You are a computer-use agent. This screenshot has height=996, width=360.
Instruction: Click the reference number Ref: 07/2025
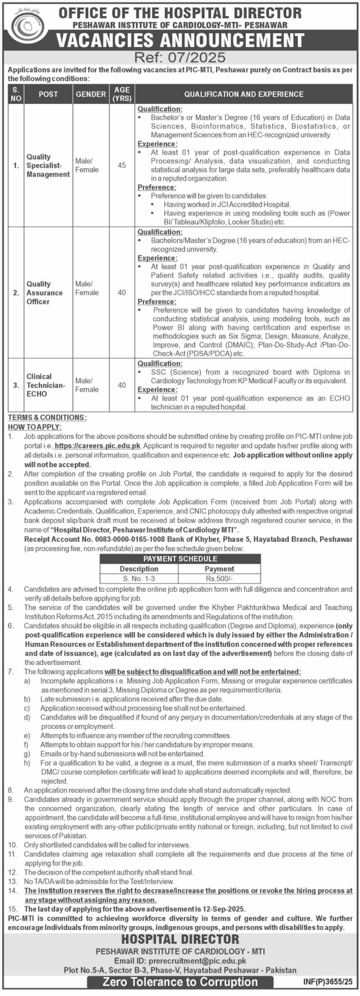click(x=180, y=58)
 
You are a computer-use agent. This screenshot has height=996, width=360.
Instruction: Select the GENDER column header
click(x=91, y=94)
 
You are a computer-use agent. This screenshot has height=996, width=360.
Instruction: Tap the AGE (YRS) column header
click(x=122, y=94)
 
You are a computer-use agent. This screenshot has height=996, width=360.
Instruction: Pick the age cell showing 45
click(x=122, y=165)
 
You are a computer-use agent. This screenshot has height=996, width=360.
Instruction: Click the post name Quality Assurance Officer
click(x=44, y=293)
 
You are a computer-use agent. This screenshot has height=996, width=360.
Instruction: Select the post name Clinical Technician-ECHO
click(x=45, y=385)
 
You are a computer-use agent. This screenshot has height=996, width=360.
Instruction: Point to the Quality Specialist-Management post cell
click(x=48, y=165)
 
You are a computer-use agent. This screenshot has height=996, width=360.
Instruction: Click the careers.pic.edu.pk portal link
click(x=97, y=446)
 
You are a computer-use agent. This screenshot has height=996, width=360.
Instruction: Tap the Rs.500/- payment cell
click(x=219, y=578)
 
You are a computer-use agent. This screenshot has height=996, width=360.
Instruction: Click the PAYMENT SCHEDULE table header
click(x=180, y=559)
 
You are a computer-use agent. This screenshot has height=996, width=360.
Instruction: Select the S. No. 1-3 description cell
click(x=139, y=578)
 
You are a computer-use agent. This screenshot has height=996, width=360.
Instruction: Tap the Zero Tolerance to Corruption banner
click(x=180, y=982)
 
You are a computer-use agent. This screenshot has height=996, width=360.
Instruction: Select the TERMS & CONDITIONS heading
click(x=47, y=418)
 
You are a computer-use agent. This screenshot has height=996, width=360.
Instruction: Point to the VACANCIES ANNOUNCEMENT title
click(x=180, y=41)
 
